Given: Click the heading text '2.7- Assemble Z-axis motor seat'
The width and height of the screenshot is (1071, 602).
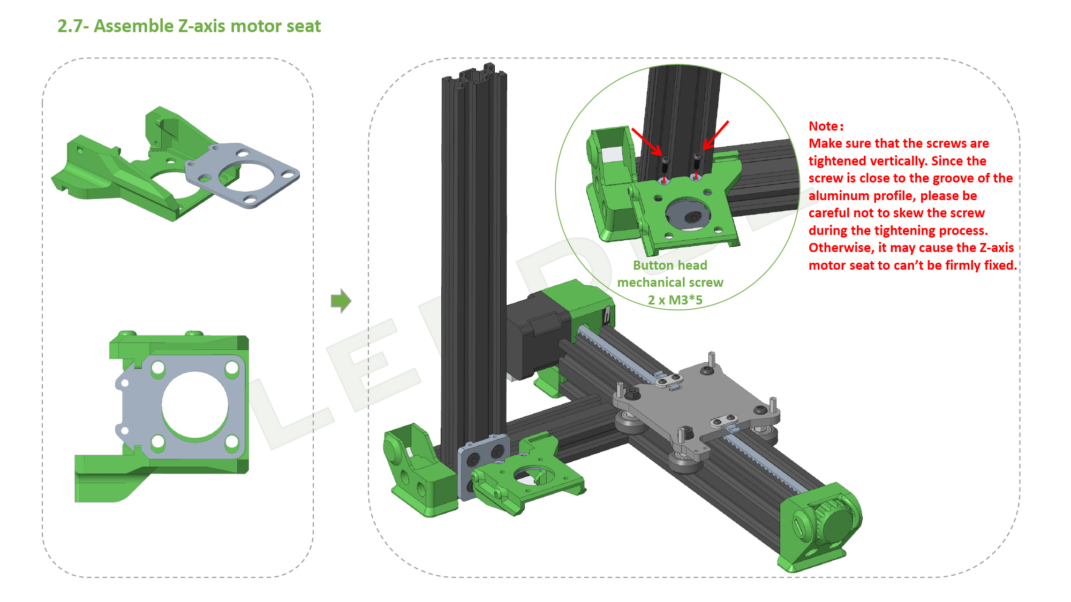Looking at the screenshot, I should point(188,26).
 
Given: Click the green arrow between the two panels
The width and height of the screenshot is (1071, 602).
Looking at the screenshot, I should point(341,301).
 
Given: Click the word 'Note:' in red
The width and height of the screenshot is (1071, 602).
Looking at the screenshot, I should point(825,126).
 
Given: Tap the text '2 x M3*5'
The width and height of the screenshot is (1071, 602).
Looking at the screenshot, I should point(675,300).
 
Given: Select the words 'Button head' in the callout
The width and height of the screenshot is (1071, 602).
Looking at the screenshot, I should point(669,265).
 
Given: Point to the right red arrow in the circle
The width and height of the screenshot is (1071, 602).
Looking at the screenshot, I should point(715,135).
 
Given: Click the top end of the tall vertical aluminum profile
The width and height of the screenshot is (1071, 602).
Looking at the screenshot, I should point(474,75).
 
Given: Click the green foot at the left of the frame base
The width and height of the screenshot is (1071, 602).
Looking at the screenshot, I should point(418,471).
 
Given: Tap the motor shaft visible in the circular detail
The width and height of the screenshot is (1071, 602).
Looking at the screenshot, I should point(693,217).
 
